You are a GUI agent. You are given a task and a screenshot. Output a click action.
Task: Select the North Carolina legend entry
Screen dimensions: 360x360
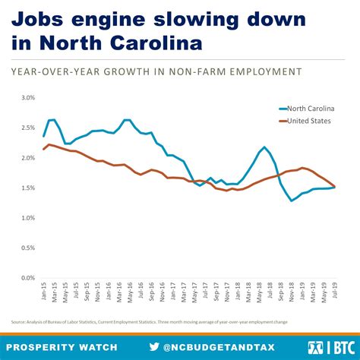tap(305, 109)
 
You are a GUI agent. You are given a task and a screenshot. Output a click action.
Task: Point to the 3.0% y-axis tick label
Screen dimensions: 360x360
tap(28, 98)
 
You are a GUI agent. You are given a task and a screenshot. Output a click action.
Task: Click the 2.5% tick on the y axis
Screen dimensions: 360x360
tap(28, 128)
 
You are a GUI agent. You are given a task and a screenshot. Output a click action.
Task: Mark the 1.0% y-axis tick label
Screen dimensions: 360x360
tap(28, 218)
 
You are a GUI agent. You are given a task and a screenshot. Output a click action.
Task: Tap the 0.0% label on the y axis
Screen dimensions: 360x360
tap(28, 278)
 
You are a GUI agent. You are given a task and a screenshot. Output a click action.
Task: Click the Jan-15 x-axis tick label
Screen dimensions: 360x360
tap(44, 293)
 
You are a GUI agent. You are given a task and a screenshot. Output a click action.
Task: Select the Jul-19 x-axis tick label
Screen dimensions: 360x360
tap(335, 293)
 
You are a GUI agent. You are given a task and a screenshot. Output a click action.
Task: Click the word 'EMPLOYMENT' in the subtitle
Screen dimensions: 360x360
tap(258, 71)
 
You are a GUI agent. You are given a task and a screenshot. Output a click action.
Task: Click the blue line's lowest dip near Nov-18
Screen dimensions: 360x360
tap(292, 201)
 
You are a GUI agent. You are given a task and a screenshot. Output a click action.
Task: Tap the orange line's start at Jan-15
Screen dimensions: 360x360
tap(44, 149)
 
